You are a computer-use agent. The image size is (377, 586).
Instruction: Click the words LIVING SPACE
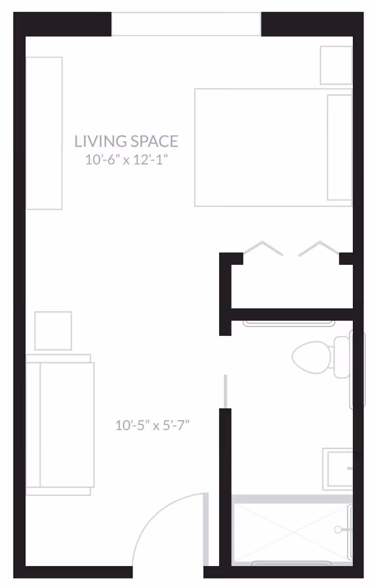126,141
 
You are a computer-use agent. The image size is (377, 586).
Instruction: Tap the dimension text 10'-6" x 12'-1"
126,159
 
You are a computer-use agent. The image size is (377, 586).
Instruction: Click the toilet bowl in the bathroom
310,357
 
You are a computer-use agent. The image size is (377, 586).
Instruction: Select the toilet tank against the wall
342,357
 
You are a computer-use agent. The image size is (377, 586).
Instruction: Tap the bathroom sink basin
338,469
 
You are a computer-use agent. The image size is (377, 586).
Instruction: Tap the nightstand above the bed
336,65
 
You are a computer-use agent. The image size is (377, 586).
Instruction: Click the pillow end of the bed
339,147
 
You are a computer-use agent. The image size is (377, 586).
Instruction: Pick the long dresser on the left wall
44,132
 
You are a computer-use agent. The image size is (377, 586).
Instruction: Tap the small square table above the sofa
53,331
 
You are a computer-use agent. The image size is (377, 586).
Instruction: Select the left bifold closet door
263,248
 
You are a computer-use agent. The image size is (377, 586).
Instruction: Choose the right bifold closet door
319,248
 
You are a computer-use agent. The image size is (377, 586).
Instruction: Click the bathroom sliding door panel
225,388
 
